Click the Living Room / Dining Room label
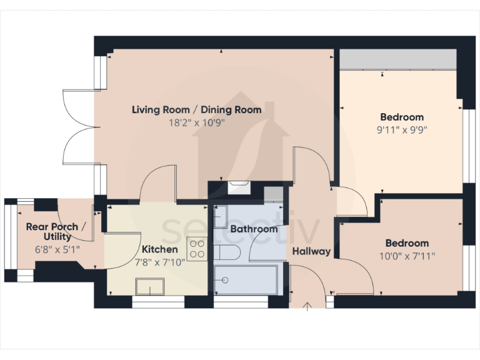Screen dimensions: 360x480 coord(196,110)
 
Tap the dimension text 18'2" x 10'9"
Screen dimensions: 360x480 coord(196,122)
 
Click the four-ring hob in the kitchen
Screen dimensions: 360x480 coord(198,248)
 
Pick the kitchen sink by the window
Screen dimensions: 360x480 coord(150,286)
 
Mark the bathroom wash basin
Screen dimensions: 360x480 coord(221,217)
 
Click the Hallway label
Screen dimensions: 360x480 coord(311,251)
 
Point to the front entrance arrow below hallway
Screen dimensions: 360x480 coord(307,306)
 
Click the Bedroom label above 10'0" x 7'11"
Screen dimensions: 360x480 coord(407,243)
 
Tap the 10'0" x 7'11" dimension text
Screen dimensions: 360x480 coord(407,256)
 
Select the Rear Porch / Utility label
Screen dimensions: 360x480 coord(52,231)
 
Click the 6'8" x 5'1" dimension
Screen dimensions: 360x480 coord(52,249)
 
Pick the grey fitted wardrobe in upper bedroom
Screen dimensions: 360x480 coord(397,60)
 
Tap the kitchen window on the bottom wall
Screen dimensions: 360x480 coord(158,302)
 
